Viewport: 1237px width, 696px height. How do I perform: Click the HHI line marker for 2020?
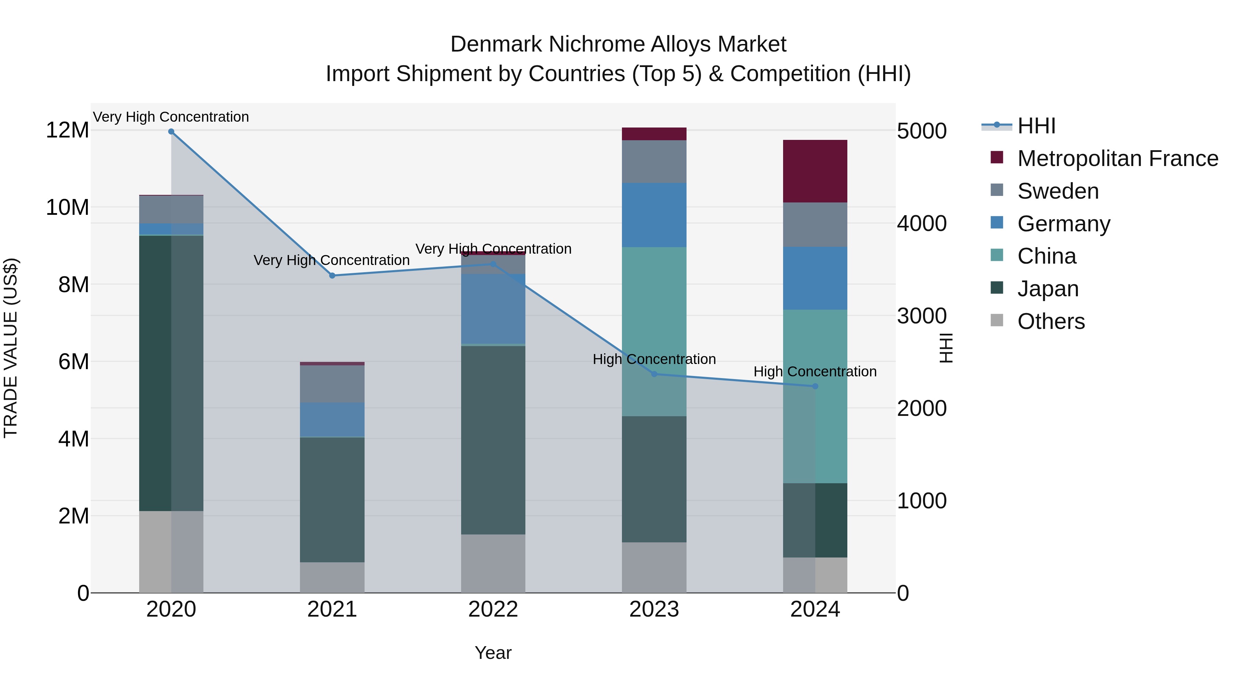(x=171, y=132)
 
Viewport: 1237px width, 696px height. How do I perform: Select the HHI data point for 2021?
(x=332, y=276)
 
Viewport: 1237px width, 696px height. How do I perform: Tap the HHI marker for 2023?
(x=654, y=374)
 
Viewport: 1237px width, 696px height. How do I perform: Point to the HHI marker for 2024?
(x=815, y=386)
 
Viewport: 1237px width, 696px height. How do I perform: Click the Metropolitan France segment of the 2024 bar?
(x=815, y=171)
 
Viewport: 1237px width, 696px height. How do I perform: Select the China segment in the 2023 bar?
(x=654, y=331)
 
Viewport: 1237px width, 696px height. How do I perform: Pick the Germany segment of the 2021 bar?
(x=332, y=419)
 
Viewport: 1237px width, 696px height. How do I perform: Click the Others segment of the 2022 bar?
(x=493, y=563)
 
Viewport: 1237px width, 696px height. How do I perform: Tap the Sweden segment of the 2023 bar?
(x=654, y=162)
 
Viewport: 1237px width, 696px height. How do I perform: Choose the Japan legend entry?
(x=1047, y=289)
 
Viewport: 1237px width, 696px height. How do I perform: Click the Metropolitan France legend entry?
(x=1117, y=158)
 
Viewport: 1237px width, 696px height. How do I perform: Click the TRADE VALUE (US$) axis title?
(x=11, y=348)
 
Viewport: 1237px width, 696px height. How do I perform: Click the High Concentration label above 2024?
(x=815, y=372)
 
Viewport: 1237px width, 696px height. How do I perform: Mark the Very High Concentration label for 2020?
(x=171, y=117)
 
